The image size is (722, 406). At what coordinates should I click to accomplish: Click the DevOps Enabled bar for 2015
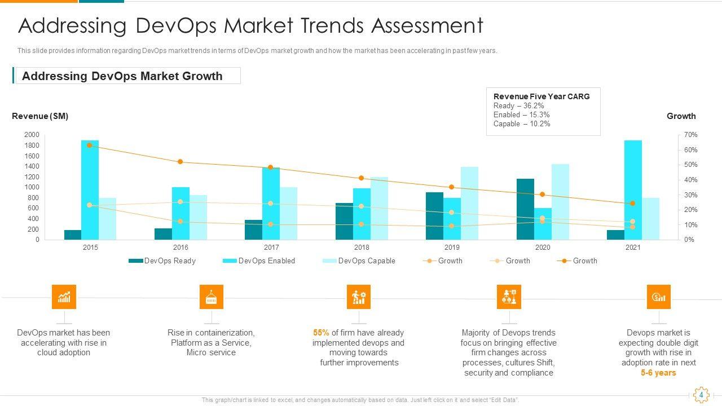coord(90,190)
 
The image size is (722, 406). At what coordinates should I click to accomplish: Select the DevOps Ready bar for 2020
coord(525,209)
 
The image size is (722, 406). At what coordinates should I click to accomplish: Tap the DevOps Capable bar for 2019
coord(469,203)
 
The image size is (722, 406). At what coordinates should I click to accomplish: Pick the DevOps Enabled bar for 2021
coord(633,190)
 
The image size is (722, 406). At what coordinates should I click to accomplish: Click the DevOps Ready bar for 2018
coord(344,221)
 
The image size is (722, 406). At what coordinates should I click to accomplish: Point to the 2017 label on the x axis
coord(271,248)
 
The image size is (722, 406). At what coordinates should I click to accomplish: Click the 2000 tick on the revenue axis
coord(32,135)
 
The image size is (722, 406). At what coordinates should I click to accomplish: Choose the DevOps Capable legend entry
coord(359,261)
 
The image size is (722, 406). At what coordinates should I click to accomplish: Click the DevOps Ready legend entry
coord(162,261)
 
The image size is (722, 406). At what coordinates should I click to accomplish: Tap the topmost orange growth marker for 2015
coord(90,145)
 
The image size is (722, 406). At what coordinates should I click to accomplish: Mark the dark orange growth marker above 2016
coord(180,162)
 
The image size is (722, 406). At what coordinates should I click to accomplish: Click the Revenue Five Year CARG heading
coord(541,96)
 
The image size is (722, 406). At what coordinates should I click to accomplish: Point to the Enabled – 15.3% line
coord(521,114)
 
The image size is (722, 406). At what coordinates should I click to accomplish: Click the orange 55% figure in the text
coord(321,333)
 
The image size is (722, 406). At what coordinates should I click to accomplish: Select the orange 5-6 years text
coord(658,373)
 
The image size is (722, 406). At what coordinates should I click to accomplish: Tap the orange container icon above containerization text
coord(212,297)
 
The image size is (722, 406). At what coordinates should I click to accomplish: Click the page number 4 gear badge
coord(701,395)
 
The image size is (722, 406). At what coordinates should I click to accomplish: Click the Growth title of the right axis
coord(681,116)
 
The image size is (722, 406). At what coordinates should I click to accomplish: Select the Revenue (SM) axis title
coord(40,116)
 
